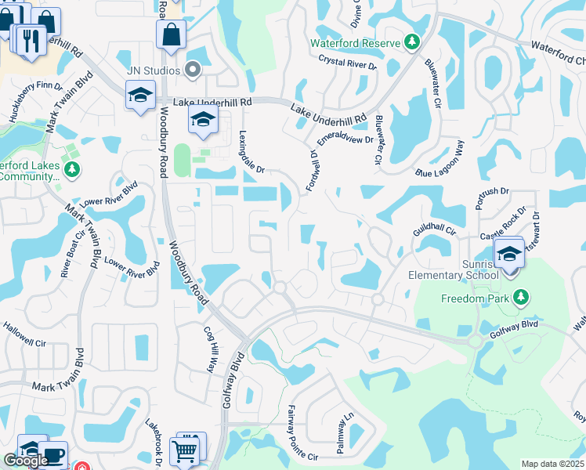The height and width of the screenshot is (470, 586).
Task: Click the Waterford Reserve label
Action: [355, 42]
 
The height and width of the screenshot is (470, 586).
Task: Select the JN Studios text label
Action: [154, 70]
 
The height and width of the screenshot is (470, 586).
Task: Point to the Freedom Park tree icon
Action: [519, 298]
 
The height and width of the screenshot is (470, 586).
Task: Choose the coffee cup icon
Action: [53, 455]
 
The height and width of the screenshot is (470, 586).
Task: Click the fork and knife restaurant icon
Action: [31, 41]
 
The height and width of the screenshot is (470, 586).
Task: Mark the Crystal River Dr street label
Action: [348, 63]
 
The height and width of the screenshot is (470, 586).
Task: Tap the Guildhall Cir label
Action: [434, 229]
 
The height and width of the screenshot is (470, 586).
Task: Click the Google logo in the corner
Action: [26, 461]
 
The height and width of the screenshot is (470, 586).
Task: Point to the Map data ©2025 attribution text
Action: [552, 464]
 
